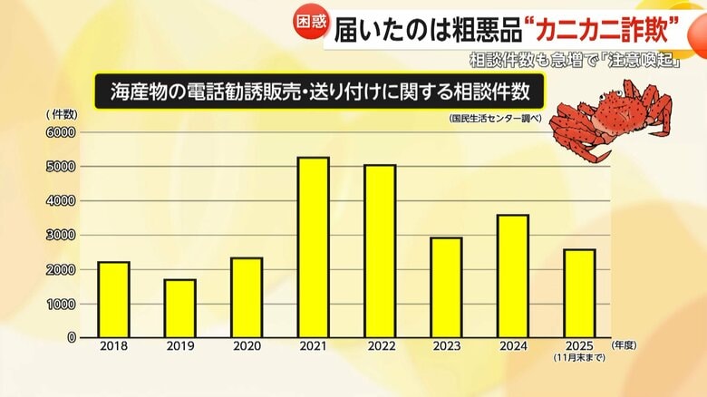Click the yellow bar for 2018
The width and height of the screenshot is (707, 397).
coord(114,299)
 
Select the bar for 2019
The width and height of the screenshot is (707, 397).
coord(179,308)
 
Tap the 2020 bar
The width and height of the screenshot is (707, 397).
coord(246,297)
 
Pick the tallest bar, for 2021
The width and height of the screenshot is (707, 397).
coord(314,247)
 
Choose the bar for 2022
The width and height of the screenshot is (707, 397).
coord(380,251)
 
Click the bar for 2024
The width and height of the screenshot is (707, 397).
coord(513,276)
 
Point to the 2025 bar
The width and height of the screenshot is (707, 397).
coord(580,293)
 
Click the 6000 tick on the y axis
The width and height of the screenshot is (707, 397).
coord(63,132)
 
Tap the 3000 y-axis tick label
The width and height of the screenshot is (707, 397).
coord(63,236)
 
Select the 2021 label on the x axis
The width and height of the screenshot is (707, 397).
coord(314,347)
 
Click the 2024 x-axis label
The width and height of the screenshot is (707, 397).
coord(513,347)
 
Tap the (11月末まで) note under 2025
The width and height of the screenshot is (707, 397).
coord(580,359)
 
